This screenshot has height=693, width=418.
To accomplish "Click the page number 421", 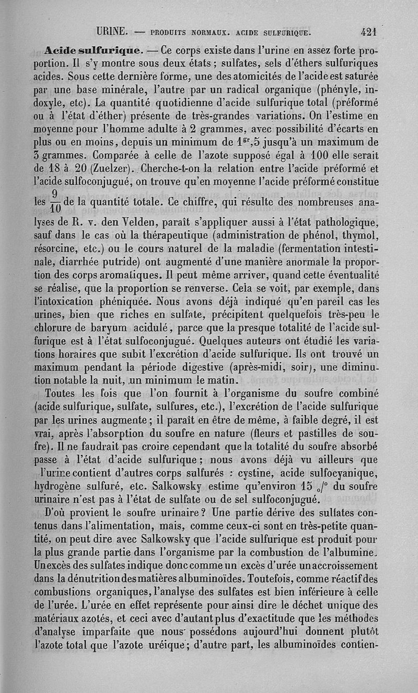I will (368, 31).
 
